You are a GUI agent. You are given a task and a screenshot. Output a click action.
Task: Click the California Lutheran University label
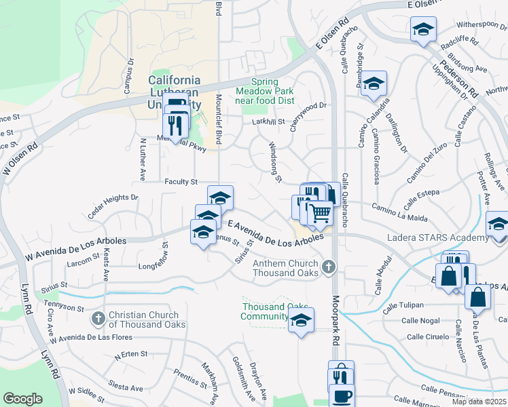(175, 92)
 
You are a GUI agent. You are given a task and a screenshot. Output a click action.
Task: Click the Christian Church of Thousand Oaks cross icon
(98, 317)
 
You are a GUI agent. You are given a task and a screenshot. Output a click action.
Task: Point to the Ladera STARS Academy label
(437, 237)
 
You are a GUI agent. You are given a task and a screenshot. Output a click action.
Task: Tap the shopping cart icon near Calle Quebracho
(320, 214)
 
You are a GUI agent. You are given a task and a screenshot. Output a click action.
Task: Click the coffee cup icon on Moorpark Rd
(342, 395)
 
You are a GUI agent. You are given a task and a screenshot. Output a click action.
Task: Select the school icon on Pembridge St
(373, 83)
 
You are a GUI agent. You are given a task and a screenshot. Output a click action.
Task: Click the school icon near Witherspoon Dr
(423, 29)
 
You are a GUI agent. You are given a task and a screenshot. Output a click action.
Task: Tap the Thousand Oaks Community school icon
(302, 321)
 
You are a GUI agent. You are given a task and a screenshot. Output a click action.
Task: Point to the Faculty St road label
(181, 182)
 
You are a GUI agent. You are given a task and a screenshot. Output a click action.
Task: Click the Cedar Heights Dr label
(113, 206)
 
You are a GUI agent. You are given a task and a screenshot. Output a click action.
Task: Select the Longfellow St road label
(164, 254)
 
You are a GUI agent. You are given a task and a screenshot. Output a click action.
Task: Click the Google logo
(22, 399)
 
